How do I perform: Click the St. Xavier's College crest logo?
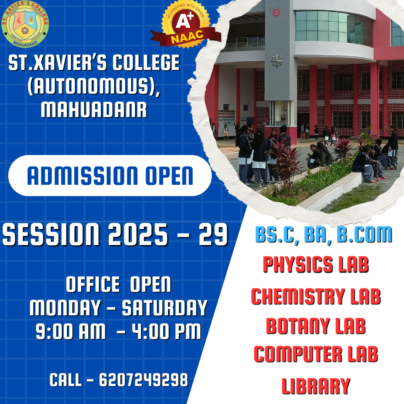tap(25, 24)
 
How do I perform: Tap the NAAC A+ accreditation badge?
tap(186, 25)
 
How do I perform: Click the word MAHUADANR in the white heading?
tap(94, 110)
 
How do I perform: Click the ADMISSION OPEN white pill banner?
tap(110, 175)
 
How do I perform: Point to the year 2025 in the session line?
tap(138, 235)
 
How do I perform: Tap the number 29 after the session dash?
tap(213, 235)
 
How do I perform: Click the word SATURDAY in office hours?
tap(165, 307)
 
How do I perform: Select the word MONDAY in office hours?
tap(65, 307)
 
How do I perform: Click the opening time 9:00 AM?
tap(71, 331)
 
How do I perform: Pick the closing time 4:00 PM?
tap(166, 331)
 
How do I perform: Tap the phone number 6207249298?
tap(144, 380)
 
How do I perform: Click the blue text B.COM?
tap(364, 235)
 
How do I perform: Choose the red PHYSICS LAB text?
tap(316, 264)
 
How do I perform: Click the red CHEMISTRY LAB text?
tap(316, 296)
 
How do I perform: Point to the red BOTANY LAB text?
tap(316, 326)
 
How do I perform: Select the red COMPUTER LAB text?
tap(316, 354)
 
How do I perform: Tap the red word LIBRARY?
tap(316, 386)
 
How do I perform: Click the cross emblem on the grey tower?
tap(277, 61)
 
